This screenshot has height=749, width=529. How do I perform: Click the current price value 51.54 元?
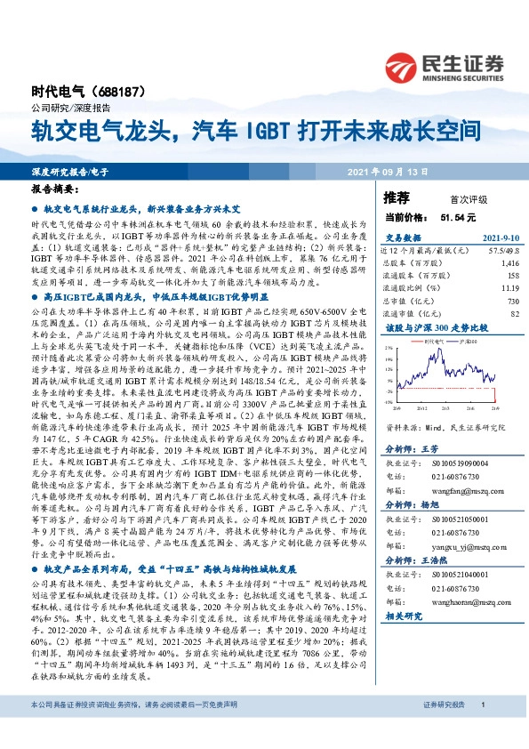pos(458,216)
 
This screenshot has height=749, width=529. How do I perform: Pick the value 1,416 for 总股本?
pos(509,264)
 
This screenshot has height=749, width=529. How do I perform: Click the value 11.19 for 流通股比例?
pos(509,289)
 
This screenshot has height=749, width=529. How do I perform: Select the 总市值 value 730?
pos(512,302)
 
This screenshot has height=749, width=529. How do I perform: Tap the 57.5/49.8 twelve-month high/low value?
pos(502,252)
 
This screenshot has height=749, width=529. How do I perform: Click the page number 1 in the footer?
pos(481,729)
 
